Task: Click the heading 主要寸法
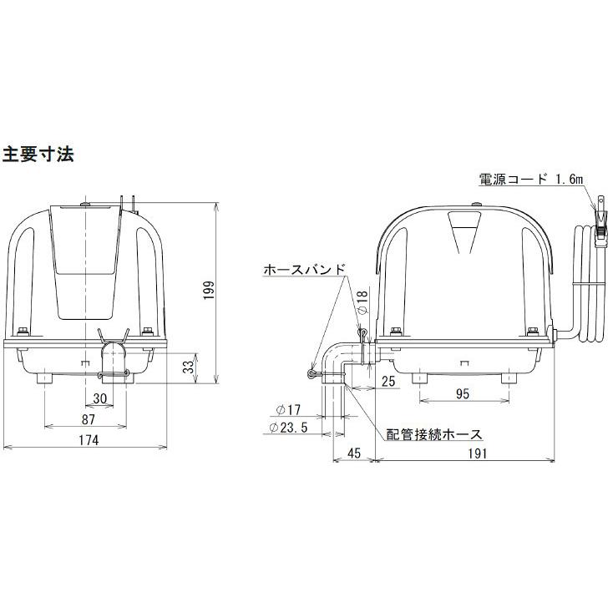tap(38, 155)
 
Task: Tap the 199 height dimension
tap(209, 290)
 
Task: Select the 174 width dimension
tap(89, 440)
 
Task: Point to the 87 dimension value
tap(89, 419)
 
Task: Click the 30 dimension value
tap(100, 398)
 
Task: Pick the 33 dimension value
tap(189, 367)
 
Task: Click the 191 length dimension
tap(478, 453)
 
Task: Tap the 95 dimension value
tap(462, 393)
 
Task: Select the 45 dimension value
tap(354, 453)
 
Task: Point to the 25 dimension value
tap(388, 381)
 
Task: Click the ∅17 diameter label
tap(288, 410)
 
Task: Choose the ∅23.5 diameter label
tap(288, 428)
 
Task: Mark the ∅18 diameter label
tap(362, 302)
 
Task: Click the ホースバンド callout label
tap(305, 270)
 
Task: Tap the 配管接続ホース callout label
tap(434, 435)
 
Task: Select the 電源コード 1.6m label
tap(531, 180)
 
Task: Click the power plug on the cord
tap(600, 227)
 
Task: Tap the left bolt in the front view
tap(23, 332)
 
